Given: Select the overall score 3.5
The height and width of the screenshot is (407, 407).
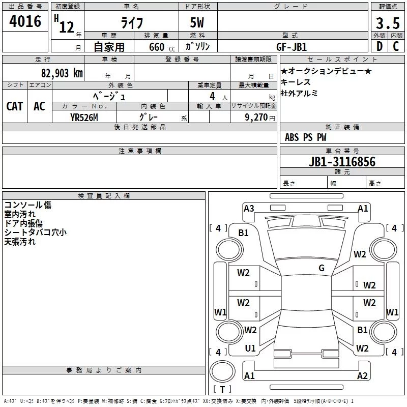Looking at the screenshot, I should pos(387,23).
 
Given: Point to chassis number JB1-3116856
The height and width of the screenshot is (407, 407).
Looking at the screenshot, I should pos(342,162).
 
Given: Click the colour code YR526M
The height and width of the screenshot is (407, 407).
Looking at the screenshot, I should pos(84,117).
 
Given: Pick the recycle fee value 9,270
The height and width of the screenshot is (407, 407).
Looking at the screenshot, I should pos(256,117).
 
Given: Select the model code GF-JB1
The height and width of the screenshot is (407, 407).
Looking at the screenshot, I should pos(293,47).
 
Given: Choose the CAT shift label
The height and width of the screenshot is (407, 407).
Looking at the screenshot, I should pos(14,106).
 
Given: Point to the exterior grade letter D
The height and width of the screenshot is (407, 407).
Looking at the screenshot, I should pos(379,47).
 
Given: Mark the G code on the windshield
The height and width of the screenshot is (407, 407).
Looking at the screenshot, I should pos(322,268).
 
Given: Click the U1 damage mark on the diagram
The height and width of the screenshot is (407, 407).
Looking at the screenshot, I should pos(250,348).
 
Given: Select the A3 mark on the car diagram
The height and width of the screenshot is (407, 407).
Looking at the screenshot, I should pos(249,208).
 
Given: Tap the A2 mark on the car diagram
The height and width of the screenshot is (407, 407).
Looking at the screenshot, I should pos(362,376).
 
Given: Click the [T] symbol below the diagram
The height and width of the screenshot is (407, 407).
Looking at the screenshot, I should pos(222,389).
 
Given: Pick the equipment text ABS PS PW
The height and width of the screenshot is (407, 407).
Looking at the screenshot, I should pos(305,137).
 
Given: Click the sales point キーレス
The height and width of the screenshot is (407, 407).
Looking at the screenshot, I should pos(296,82).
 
